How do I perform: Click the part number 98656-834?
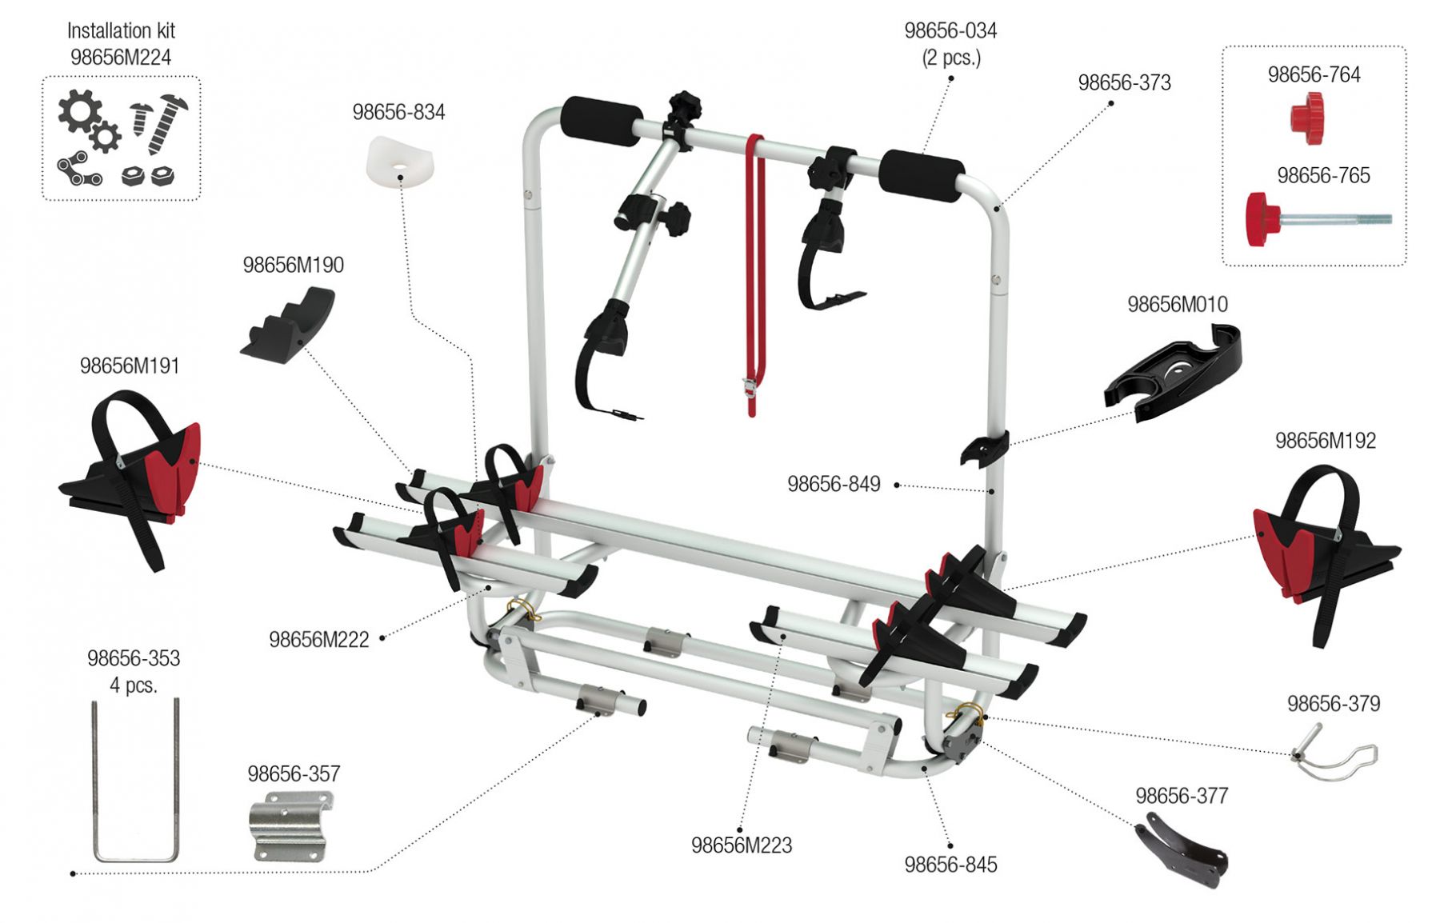[398, 112]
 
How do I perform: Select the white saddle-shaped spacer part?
[400, 162]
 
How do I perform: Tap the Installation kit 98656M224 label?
[121, 44]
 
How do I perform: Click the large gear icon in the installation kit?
[79, 112]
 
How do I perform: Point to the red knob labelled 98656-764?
[1307, 118]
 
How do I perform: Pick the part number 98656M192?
[1325, 441]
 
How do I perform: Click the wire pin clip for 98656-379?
[1334, 754]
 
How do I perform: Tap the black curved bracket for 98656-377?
[1182, 851]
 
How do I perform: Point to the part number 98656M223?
[741, 845]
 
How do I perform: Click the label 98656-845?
[950, 865]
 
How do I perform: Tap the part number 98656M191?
[130, 366]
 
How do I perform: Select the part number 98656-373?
[1124, 83]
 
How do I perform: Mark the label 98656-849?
[834, 484]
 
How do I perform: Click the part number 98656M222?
[318, 640]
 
